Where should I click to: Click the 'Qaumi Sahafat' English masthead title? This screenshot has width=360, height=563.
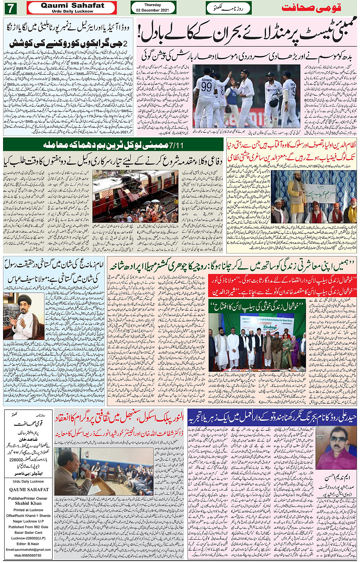tap(72, 5)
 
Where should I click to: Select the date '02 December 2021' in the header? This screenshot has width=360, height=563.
tap(153, 10)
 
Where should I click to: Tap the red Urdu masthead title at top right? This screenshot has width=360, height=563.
tap(311, 8)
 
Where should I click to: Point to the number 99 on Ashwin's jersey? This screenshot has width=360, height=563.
tap(206, 86)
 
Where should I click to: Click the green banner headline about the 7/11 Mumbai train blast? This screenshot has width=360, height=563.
tap(113, 145)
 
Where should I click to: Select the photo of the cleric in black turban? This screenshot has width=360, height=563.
tap(24, 316)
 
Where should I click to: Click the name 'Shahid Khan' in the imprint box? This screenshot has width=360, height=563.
tap(27, 503)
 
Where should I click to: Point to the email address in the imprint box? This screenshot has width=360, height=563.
tap(28, 549)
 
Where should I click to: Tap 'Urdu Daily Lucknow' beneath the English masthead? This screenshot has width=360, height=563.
tap(72, 11)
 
